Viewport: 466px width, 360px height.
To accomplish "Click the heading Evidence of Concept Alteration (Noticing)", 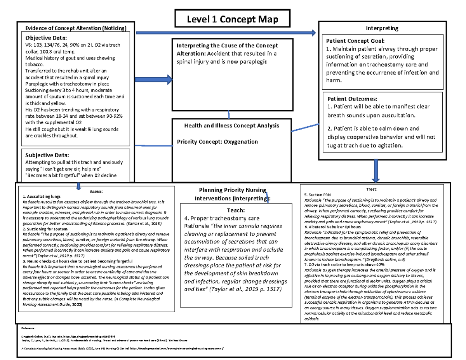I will pos(76,28).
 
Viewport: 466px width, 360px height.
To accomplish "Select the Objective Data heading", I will pos(46,38).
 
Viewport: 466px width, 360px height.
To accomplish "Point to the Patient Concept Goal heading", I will pos(355,41).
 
